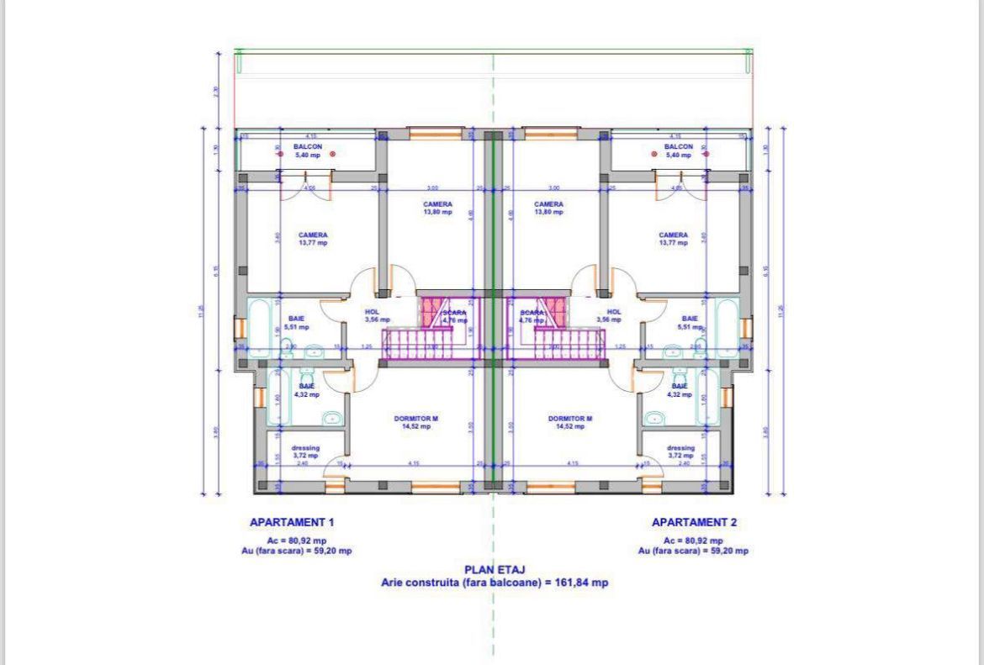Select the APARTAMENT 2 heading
click(694, 522)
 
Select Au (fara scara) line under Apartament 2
click(693, 552)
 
